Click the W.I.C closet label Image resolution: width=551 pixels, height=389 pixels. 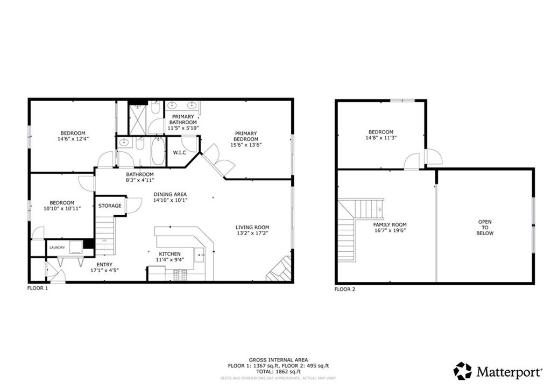click(x=179, y=153)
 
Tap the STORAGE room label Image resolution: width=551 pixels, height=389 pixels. click(x=110, y=206)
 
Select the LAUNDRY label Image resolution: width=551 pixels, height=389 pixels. click(x=57, y=247)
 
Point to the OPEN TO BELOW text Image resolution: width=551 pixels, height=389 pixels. click(x=485, y=228)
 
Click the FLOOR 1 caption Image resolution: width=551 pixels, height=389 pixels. click(x=38, y=288)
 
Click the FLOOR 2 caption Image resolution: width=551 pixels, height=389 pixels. click(x=345, y=289)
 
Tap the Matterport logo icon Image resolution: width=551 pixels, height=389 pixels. click(x=462, y=371)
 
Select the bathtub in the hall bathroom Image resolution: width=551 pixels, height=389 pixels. click(x=158, y=151)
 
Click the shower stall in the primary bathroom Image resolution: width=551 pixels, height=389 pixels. click(x=138, y=120)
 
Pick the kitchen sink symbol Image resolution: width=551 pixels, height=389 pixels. click(x=199, y=254)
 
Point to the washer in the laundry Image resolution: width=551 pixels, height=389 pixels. click(x=76, y=247)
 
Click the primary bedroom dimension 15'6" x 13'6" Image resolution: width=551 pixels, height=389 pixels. click(x=246, y=145)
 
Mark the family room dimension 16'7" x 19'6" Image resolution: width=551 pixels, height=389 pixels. click(x=390, y=230)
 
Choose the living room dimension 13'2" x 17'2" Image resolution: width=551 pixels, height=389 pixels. click(x=252, y=233)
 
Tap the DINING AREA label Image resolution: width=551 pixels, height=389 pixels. click(x=170, y=194)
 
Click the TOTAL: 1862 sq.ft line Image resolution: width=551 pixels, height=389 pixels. click(x=278, y=371)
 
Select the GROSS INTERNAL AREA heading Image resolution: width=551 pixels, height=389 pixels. click(x=278, y=360)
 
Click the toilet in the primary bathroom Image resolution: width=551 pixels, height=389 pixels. click(x=156, y=107)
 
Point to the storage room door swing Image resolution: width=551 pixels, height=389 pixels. click(x=134, y=206)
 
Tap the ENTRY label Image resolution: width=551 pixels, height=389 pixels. click(x=104, y=265)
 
